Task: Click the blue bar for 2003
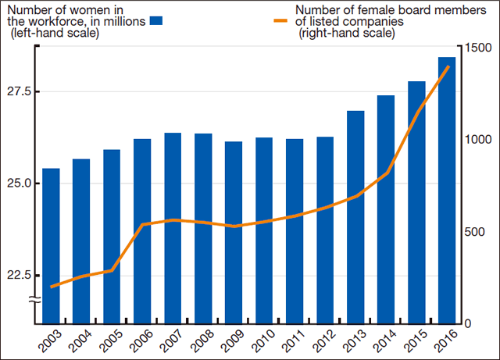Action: pos(51,245)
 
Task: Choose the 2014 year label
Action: pos(382,341)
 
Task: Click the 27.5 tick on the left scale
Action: pos(20,91)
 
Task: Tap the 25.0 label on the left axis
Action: pos(20,184)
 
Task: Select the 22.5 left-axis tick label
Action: pos(20,276)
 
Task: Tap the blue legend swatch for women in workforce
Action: pos(156,21)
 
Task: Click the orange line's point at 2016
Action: pos(448,67)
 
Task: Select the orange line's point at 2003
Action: pos(51,287)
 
